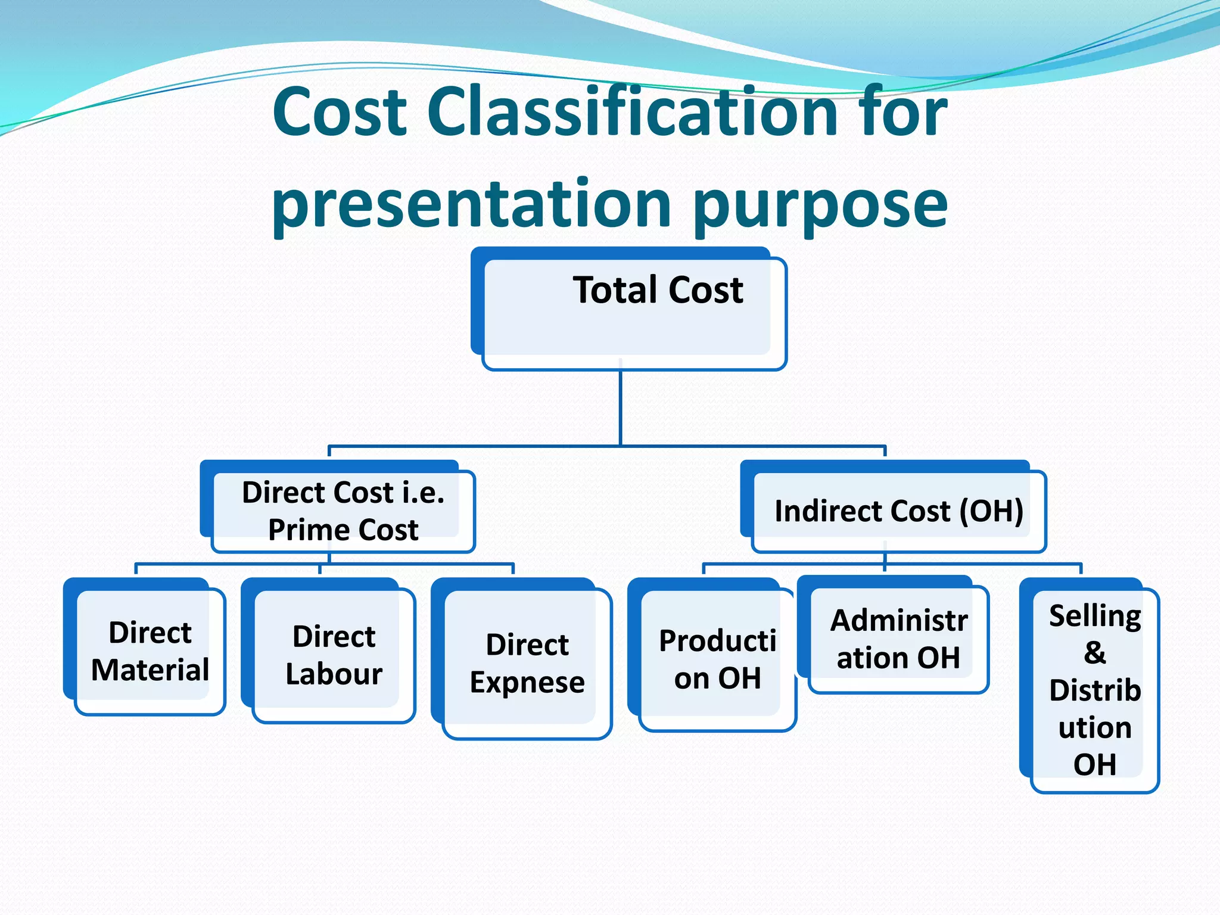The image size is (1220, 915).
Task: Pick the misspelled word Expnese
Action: pyautogui.click(x=527, y=683)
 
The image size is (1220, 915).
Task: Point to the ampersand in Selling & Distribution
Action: pyautogui.click(x=1095, y=653)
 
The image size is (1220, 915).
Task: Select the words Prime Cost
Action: pyautogui.click(x=343, y=530)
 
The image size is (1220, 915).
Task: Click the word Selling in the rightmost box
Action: pyautogui.click(x=1095, y=616)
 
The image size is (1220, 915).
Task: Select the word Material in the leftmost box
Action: pyautogui.click(x=150, y=670)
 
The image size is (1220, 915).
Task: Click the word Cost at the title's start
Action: pyautogui.click(x=340, y=111)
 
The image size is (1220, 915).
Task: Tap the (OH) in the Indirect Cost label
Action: pyautogui.click(x=991, y=511)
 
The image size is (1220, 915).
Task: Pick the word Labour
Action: pyautogui.click(x=334, y=674)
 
